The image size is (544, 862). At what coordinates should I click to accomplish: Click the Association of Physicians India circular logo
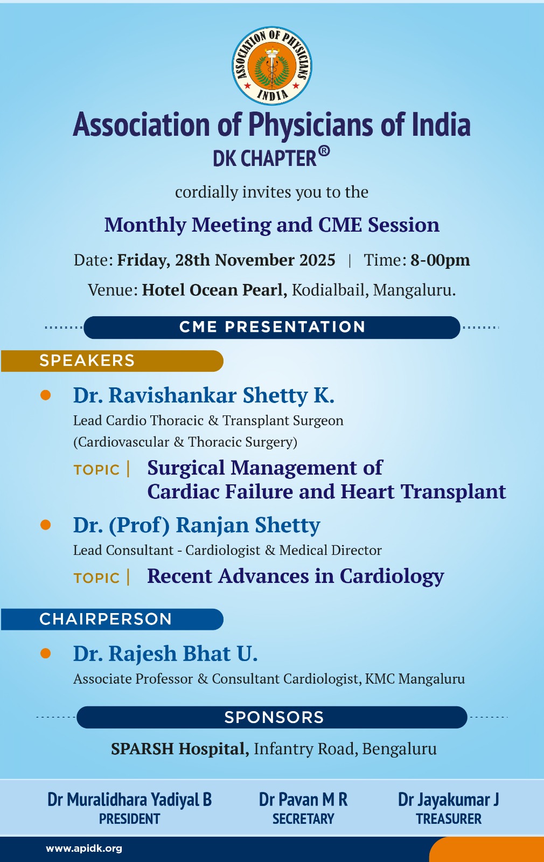[271, 66]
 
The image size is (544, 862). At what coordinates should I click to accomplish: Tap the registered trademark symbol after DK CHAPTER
[324, 151]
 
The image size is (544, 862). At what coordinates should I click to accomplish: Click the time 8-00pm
[440, 260]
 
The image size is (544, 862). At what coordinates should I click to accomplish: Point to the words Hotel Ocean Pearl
[215, 290]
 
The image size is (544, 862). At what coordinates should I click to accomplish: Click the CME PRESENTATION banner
[271, 327]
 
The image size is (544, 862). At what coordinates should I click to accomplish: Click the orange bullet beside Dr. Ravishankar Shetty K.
[45, 395]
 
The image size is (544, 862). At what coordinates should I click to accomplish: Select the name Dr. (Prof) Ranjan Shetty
[197, 525]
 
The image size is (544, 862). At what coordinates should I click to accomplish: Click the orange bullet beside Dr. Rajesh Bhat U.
[45, 653]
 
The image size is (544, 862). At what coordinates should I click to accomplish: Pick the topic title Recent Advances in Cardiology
[296, 576]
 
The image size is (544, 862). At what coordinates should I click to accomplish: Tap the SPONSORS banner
[271, 717]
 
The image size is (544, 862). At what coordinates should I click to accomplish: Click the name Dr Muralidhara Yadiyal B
[130, 800]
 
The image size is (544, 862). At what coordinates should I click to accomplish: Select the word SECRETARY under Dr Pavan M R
[303, 819]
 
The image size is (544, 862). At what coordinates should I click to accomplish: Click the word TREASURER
[449, 819]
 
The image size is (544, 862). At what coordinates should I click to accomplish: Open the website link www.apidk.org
[84, 849]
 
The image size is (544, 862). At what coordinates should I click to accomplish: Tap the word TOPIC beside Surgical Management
[96, 470]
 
